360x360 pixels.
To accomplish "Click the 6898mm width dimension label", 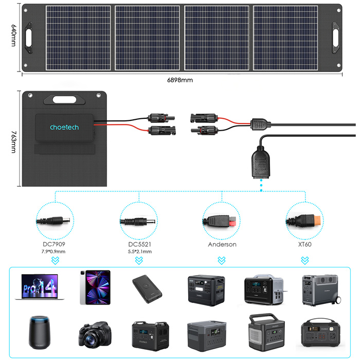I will [x=180, y=80].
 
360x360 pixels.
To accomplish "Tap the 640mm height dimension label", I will [x=13, y=37].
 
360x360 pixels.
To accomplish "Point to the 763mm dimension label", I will [x=13, y=139].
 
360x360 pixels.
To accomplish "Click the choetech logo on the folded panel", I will [x=64, y=127].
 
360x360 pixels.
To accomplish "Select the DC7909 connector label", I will [x=54, y=244].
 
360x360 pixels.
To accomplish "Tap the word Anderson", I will [x=222, y=244].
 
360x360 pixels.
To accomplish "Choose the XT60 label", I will [x=305, y=244].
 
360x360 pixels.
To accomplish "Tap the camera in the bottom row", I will [x=93, y=334].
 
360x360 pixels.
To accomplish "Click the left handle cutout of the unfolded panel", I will [x=26, y=38].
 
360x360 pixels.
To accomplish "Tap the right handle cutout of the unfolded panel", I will [x=336, y=38].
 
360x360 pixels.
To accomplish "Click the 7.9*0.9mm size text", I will [x=54, y=252].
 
